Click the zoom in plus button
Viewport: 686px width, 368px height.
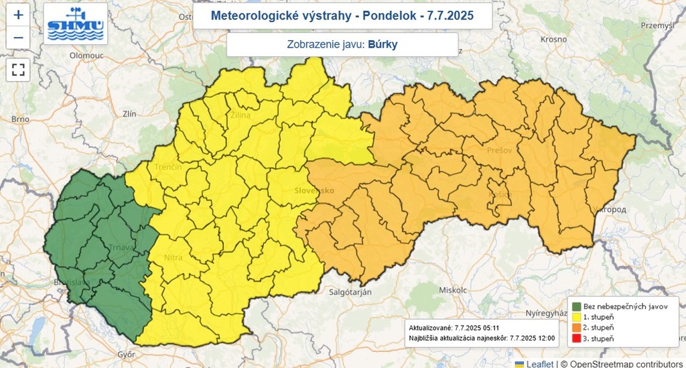[x=18, y=14]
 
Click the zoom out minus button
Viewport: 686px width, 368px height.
[x=18, y=38]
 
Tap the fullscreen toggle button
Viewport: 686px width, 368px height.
[x=18, y=69]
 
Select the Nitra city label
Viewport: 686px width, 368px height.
[x=174, y=257]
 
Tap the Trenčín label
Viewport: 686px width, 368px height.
[x=169, y=166]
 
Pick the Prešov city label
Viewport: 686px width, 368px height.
[x=500, y=150]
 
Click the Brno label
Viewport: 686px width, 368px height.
[x=20, y=119]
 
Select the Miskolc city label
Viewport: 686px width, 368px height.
[x=453, y=290]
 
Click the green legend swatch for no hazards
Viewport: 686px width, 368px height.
[x=576, y=306]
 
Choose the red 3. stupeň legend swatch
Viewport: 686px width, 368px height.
[x=576, y=339]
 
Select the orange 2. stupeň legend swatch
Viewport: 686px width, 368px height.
[x=576, y=328]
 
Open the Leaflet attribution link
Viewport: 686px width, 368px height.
[x=539, y=363]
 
